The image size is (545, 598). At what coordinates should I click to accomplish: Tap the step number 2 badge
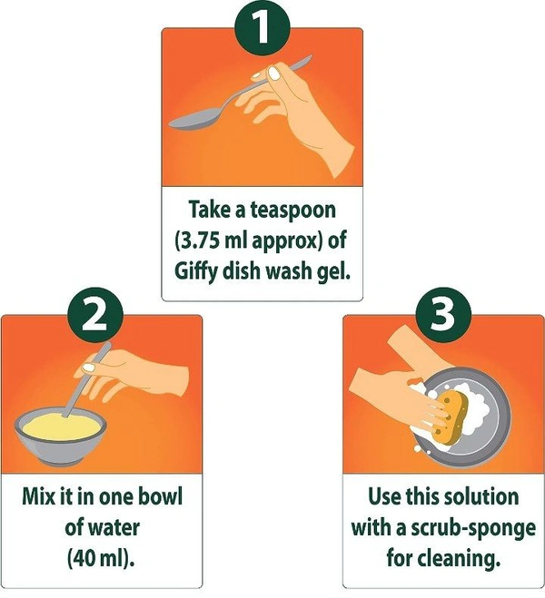point(94,314)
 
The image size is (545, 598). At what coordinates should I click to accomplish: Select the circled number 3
point(443,316)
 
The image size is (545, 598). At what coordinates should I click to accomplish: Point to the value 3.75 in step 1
point(198,241)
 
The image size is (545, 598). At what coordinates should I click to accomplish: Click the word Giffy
point(196,272)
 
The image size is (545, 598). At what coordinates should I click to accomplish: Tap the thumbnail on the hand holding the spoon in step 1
point(274,73)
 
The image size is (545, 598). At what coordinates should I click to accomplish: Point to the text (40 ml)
point(101,558)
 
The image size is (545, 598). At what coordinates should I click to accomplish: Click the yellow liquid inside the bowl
point(62,426)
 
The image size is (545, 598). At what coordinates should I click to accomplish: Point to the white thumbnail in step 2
point(88,368)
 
